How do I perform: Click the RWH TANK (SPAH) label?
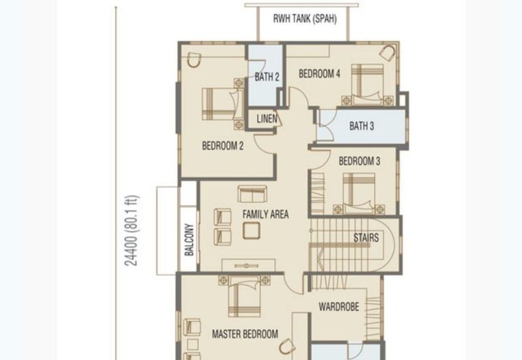pos(305,19)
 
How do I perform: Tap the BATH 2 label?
pos(267,77)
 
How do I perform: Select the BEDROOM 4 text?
pos(319,74)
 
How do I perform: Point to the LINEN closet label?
pos(267,119)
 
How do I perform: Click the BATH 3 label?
pos(361,126)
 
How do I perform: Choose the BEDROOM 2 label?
pos(223,145)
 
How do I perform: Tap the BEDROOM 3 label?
pos(360,161)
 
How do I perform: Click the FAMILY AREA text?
pos(266,215)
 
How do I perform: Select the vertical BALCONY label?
pos(189,239)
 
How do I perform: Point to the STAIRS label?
pos(366,238)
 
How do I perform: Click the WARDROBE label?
pos(339,307)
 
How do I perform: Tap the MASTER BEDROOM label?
pos(245,334)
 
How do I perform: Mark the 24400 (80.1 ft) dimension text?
pos(131,230)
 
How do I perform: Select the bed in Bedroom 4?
pos(367,85)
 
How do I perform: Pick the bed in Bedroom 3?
pos(359,193)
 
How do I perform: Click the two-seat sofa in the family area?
pos(253,194)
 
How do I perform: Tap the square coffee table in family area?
pos(251,231)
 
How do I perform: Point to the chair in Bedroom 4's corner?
pos(387,53)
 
